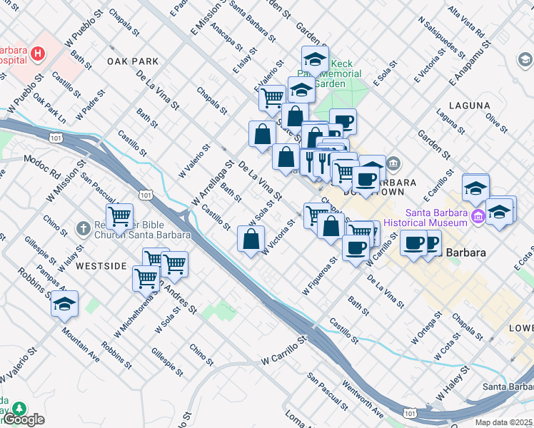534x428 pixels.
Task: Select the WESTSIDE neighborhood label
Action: pyautogui.click(x=101, y=266)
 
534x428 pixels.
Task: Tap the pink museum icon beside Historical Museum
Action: pyautogui.click(x=478, y=218)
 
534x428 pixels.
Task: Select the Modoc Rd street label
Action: pyautogui.click(x=42, y=165)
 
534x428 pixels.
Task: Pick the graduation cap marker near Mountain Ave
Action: pyautogui.click(x=65, y=303)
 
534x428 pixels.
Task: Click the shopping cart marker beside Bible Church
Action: pyautogui.click(x=120, y=215)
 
